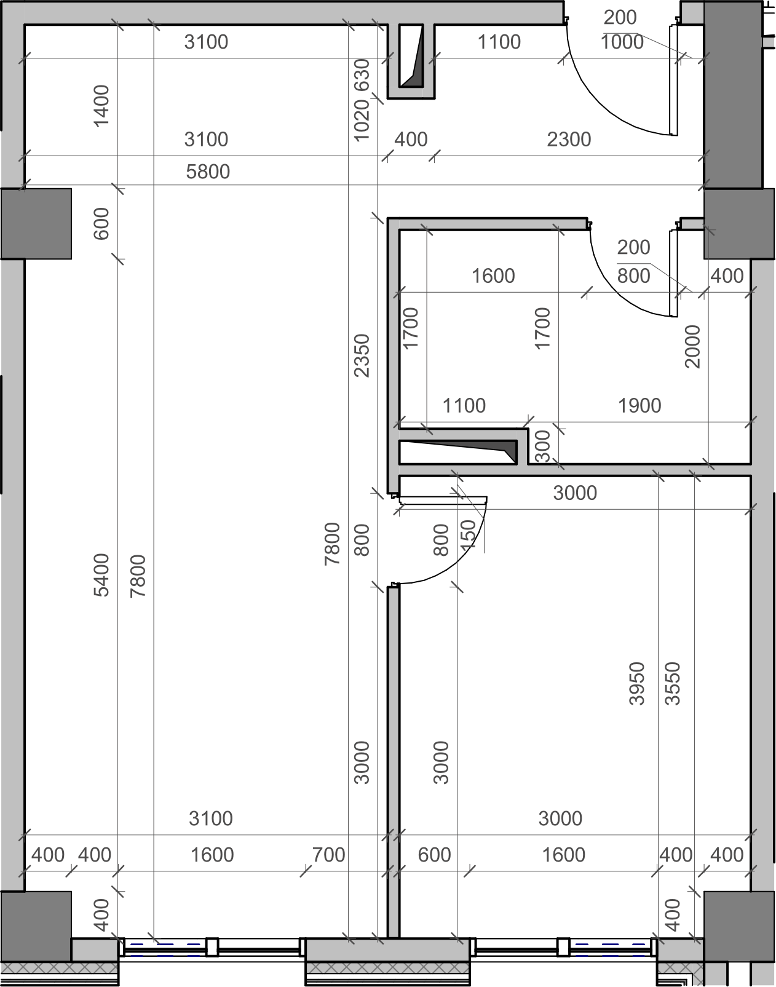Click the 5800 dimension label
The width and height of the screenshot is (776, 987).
click(x=208, y=172)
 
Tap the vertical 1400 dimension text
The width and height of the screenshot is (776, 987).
click(x=101, y=106)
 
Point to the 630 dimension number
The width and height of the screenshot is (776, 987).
click(x=362, y=76)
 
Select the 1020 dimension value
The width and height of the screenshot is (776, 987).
click(x=362, y=121)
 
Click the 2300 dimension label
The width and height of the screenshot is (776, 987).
click(x=569, y=140)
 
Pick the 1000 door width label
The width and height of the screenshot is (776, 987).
click(x=622, y=42)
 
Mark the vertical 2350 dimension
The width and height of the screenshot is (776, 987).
click(x=362, y=355)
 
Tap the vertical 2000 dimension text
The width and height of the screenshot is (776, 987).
click(x=692, y=347)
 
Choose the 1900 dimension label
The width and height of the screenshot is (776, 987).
click(x=639, y=406)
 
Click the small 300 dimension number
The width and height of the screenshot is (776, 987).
click(x=542, y=446)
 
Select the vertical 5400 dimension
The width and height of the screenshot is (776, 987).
click(x=101, y=575)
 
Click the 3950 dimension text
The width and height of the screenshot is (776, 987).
click(x=637, y=683)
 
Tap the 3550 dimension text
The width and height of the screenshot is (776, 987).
click(x=673, y=683)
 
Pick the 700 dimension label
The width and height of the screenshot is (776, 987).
click(x=328, y=855)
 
